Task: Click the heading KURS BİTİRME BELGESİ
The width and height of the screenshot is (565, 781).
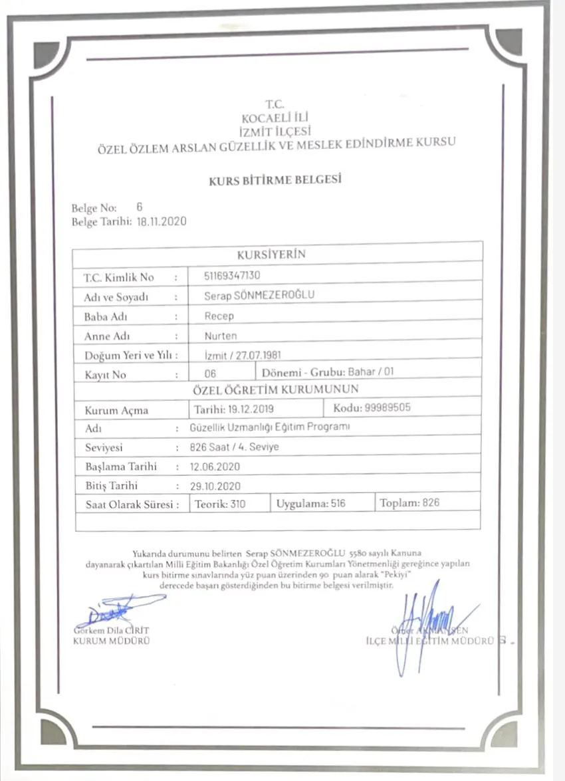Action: tap(275, 180)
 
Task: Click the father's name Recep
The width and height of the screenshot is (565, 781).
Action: tap(219, 316)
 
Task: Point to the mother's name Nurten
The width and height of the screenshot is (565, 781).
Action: tap(221, 335)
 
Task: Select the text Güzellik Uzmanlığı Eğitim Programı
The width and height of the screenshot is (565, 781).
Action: tap(269, 427)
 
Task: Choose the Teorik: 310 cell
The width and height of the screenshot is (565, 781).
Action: tap(220, 504)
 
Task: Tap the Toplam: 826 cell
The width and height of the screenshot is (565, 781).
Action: tap(409, 503)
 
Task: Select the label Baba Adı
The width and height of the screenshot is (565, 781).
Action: tap(105, 316)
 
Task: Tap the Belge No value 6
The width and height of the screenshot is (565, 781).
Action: tap(139, 207)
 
